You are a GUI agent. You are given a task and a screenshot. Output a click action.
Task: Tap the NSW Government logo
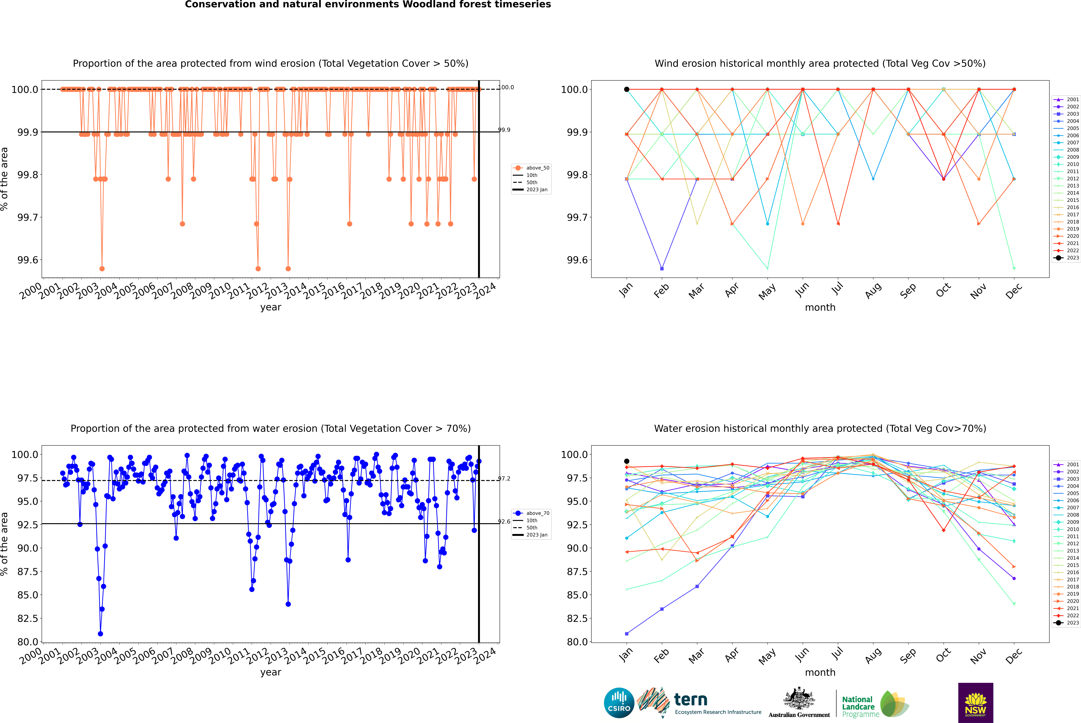pyautogui.click(x=975, y=703)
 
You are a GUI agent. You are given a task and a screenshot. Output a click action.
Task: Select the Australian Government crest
pyautogui.click(x=799, y=698)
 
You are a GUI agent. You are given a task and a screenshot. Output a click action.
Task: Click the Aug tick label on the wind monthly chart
pyautogui.click(x=873, y=290)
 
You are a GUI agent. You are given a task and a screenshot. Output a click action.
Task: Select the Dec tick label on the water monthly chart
pyautogui.click(x=1014, y=656)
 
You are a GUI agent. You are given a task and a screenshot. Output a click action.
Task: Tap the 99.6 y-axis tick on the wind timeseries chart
pyautogui.click(x=28, y=260)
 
